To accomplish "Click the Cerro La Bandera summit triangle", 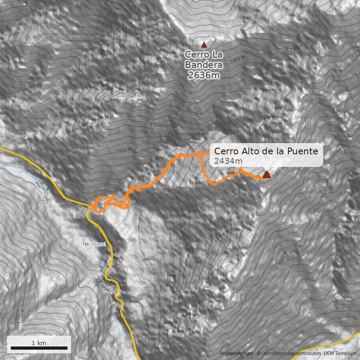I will coord(204,45).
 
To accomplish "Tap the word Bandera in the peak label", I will coord(204,65).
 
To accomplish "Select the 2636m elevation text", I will coord(204,75).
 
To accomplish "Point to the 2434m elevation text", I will coord(229,161).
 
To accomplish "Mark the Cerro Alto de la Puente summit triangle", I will coord(266,174).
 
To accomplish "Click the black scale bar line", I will coord(39,348).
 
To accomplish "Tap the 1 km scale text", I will coord(39,343).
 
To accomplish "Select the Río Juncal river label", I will coord(94,244).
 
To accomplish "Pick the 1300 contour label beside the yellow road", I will coord(101,280).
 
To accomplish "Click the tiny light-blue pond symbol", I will coord(348,299).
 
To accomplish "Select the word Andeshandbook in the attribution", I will coord(237,354).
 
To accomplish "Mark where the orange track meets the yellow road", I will coord(90,209).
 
